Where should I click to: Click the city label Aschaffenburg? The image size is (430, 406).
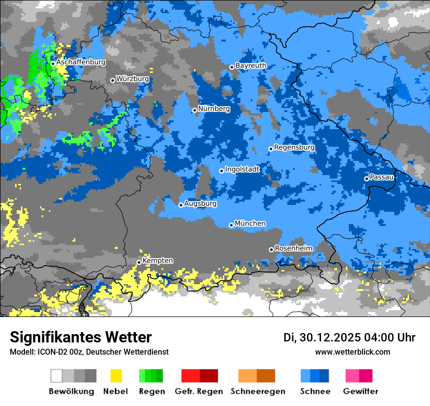pyautogui.click(x=81, y=63)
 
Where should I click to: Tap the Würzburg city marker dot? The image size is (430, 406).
pyautogui.click(x=112, y=80)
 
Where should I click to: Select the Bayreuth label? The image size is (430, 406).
pyautogui.click(x=251, y=66)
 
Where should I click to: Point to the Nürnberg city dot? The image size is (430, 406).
pyautogui.click(x=194, y=110)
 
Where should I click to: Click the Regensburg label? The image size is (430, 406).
pyautogui.click(x=294, y=147)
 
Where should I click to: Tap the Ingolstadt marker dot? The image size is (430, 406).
pyautogui.click(x=221, y=171)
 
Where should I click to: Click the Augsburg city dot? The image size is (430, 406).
pyautogui.click(x=181, y=205)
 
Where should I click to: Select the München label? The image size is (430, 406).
pyautogui.click(x=250, y=224)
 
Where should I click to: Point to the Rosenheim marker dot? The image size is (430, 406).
pyautogui.click(x=271, y=249)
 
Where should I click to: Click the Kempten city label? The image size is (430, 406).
pyautogui.click(x=157, y=261)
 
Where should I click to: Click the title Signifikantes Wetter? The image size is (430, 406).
pyautogui.click(x=81, y=338)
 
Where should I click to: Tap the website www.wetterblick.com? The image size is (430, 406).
pyautogui.click(x=352, y=352)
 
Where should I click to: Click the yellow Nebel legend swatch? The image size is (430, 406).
pyautogui.click(x=116, y=376)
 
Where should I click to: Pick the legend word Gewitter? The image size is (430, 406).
pyautogui.click(x=360, y=391)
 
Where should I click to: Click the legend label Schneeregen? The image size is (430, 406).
pyautogui.click(x=258, y=391)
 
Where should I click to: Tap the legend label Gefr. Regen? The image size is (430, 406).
pyautogui.click(x=198, y=391)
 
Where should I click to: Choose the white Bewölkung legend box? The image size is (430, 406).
pyautogui.click(x=57, y=376)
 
